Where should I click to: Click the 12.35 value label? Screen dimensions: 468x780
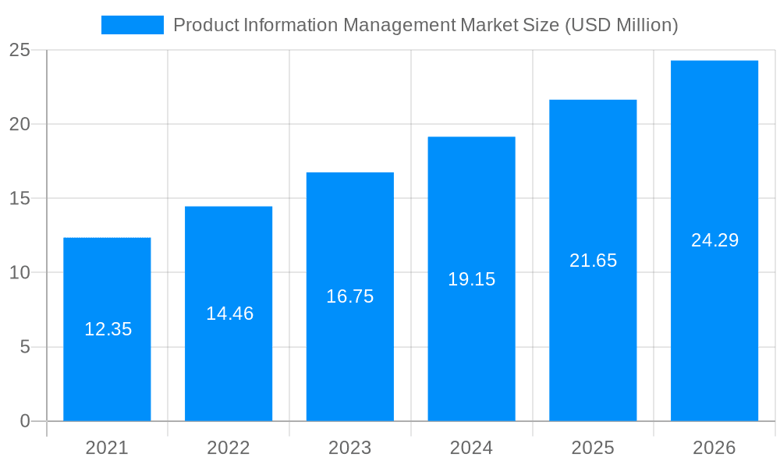point(108,329)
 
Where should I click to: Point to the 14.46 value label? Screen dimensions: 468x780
point(229,314)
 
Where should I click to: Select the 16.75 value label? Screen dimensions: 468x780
point(350,296)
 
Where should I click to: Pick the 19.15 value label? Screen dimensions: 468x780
point(471,279)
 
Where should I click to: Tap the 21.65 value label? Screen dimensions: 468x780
point(593,261)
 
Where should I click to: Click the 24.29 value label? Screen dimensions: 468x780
point(714,240)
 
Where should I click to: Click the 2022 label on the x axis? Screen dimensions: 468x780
point(229,448)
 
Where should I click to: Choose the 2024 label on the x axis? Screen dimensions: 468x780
point(471,448)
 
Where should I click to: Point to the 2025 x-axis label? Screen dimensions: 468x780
point(593,448)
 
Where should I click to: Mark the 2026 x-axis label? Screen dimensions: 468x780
point(714,448)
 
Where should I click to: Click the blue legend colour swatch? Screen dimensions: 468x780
point(133,25)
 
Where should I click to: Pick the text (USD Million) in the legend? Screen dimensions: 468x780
point(621,25)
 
